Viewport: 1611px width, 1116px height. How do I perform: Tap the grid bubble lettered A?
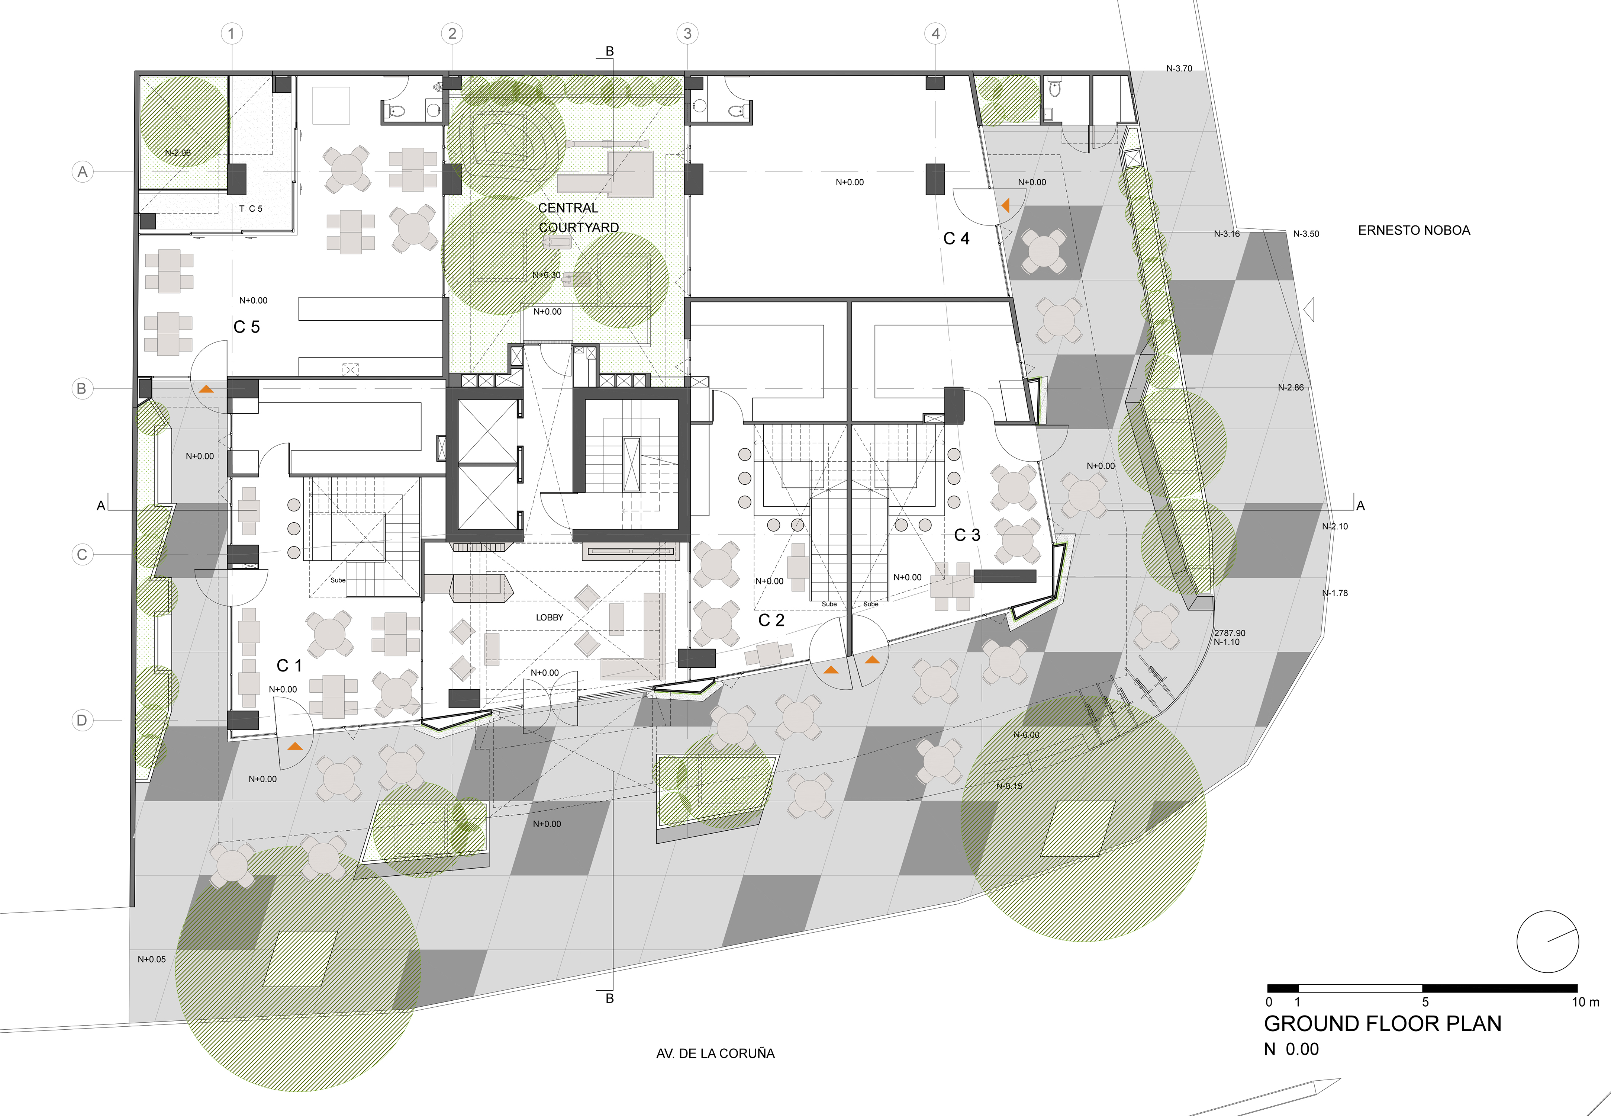click(83, 171)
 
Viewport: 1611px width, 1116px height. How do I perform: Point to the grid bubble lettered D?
click(82, 720)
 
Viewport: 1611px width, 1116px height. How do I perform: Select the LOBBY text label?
click(550, 618)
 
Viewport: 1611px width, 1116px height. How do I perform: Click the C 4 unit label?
click(956, 238)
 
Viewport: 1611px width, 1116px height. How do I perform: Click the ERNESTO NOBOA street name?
click(1413, 230)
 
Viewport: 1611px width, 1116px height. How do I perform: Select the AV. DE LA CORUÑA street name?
click(715, 1053)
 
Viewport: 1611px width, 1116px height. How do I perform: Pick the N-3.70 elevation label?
click(1179, 68)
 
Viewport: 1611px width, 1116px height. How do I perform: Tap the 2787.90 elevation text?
click(1230, 633)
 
